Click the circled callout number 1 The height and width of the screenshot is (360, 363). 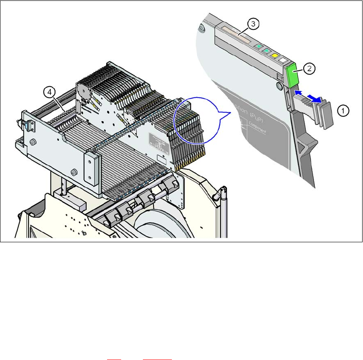click(344, 111)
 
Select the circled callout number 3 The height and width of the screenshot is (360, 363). click(253, 24)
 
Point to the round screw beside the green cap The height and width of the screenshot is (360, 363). click(279, 87)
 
